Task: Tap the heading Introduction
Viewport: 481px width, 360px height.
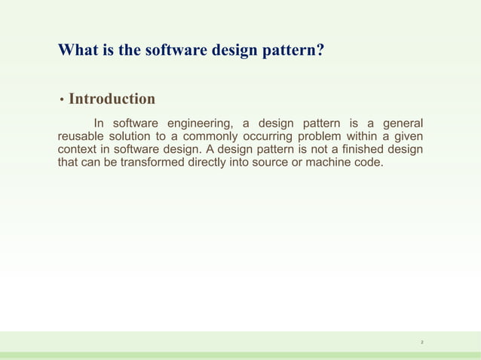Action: coord(112,99)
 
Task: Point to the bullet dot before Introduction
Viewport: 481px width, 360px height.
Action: coord(61,100)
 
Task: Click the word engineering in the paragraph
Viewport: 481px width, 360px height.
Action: coord(195,124)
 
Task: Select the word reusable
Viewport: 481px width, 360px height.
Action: coord(83,136)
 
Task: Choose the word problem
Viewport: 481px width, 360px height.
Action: coord(337,136)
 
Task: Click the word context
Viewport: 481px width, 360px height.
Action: coord(78,149)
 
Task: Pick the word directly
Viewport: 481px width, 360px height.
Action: coord(211,162)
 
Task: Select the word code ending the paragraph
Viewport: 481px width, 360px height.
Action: coord(369,162)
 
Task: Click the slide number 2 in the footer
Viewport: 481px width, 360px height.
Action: coord(422,343)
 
